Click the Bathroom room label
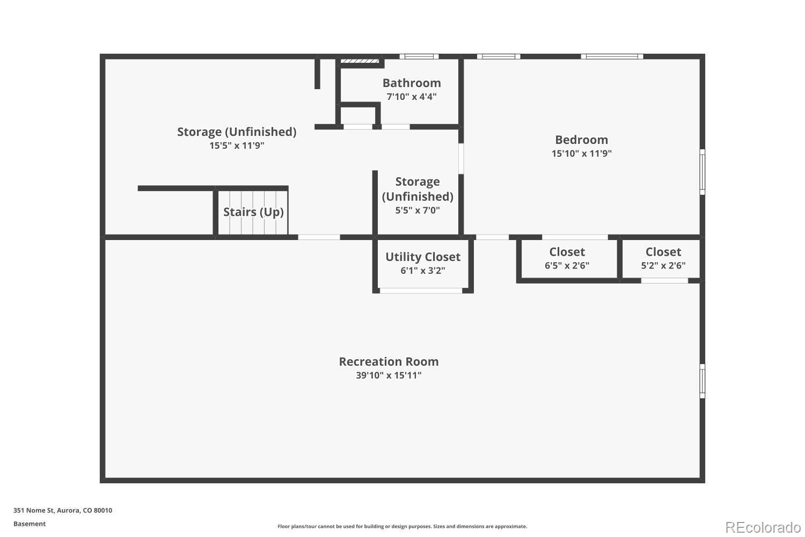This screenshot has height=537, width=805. [412, 83]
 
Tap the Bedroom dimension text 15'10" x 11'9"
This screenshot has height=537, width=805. [582, 154]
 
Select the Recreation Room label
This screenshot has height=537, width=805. [389, 361]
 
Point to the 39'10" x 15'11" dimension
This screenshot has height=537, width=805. [389, 375]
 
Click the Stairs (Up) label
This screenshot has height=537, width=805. [253, 212]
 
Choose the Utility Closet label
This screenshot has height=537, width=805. [423, 257]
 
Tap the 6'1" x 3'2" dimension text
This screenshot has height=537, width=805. [423, 271]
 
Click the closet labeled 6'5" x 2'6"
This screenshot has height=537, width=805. [567, 258]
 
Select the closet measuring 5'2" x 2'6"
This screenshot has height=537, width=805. [663, 258]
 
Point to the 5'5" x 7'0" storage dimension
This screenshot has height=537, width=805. [418, 211]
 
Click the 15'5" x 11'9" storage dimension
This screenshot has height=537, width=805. [237, 146]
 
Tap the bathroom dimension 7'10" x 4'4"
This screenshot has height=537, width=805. [412, 97]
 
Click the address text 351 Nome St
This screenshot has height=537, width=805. [63, 511]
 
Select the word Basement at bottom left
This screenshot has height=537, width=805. [30, 524]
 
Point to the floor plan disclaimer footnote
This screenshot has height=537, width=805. [402, 527]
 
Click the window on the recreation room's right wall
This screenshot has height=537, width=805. [702, 381]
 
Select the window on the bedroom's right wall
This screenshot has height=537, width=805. [702, 172]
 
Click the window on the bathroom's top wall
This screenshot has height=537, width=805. [419, 56]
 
